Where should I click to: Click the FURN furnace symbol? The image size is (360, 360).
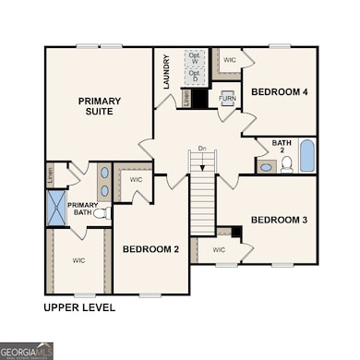[x=227, y=99]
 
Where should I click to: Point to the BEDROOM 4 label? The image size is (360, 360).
[x=281, y=92]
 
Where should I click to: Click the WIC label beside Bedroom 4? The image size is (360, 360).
[x=229, y=61]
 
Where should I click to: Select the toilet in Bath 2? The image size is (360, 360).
[x=286, y=164]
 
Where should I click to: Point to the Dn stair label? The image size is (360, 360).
[x=201, y=148]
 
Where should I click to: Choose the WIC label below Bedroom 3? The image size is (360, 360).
[x=219, y=249]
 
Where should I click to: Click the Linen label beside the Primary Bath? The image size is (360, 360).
[x=49, y=173]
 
